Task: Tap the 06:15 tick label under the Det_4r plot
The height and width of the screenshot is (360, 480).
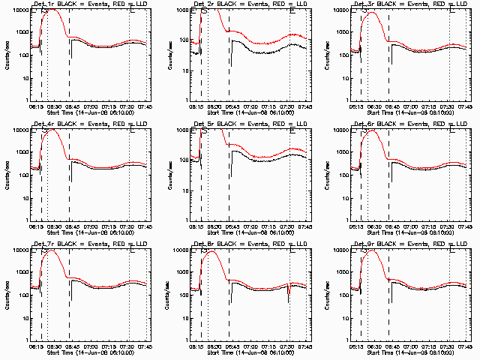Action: pyautogui.click(x=35, y=226)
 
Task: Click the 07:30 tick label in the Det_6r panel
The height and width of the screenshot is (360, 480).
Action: pyautogui.click(x=448, y=226)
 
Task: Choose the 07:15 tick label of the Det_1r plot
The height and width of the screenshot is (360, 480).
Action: pyautogui.click(x=109, y=106)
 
